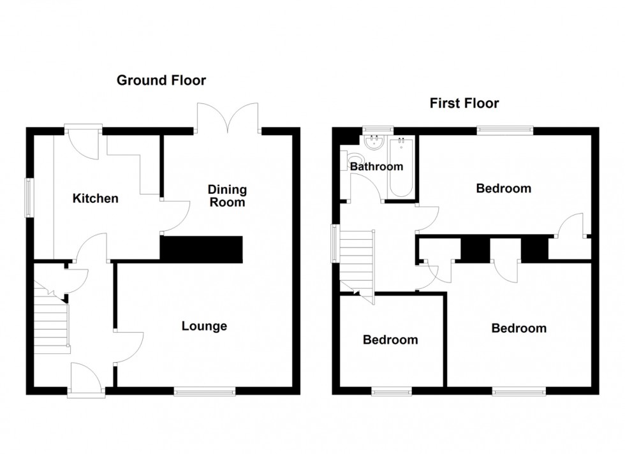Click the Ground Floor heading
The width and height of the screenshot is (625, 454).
click(x=161, y=80)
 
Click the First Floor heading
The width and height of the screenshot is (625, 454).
click(x=464, y=103)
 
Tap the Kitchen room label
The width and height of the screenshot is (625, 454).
click(x=95, y=198)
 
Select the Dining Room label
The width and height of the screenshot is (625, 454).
click(x=227, y=196)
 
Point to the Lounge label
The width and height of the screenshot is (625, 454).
click(x=204, y=326)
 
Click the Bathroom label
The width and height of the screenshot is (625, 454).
click(x=376, y=166)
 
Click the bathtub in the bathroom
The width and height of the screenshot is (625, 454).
click(x=402, y=166)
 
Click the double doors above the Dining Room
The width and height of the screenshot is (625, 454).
click(x=228, y=118)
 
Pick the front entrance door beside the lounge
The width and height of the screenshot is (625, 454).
click(x=87, y=381)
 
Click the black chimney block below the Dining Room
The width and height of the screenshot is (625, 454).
click(x=202, y=249)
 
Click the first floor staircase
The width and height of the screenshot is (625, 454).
click(x=355, y=261)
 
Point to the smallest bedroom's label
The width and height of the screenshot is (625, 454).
click(x=390, y=340)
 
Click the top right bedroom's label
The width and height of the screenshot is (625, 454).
click(x=504, y=188)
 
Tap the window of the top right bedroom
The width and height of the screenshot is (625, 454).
click(x=505, y=130)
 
